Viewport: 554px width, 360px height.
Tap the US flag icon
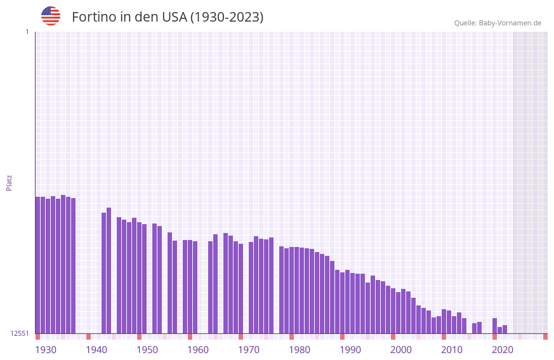click(x=51, y=16)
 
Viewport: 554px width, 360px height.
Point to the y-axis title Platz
click(x=9, y=182)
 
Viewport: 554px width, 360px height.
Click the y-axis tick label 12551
click(x=20, y=333)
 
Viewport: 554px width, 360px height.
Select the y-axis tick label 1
click(x=27, y=32)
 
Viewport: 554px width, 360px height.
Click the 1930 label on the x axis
click(x=46, y=350)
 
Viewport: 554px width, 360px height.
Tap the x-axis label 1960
click(x=198, y=350)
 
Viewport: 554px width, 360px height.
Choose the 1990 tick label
click(x=350, y=350)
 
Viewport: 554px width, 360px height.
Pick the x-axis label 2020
click(x=503, y=350)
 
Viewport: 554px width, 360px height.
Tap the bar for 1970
click(x=241, y=288)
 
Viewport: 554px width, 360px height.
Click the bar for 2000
click(x=393, y=310)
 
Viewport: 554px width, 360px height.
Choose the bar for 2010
click(x=444, y=321)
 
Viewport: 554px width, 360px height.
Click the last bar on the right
click(x=505, y=330)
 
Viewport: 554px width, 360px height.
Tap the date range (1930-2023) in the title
click(x=227, y=17)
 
